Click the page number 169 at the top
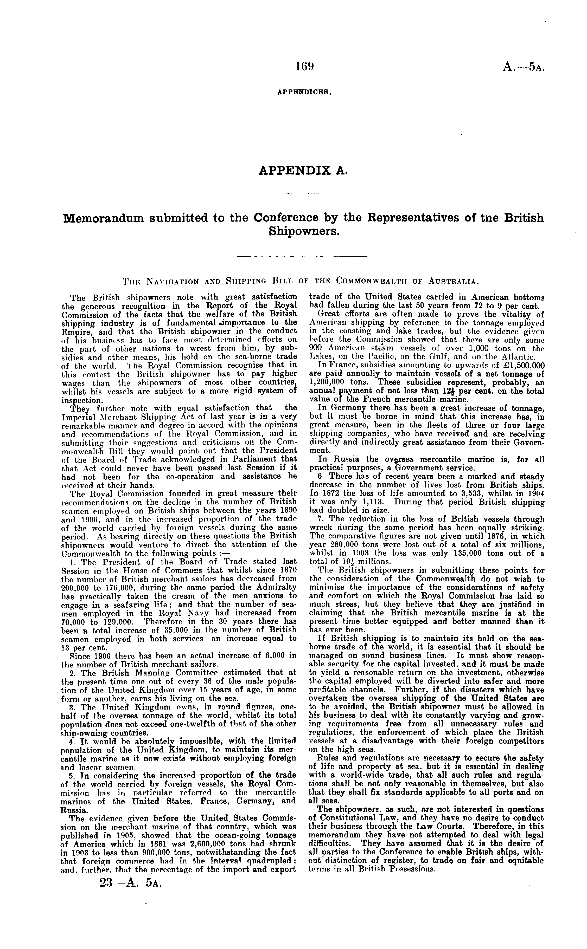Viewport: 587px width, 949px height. coord(304,67)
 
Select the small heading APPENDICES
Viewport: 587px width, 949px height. coord(304,93)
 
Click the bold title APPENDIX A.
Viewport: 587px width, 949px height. coord(302,170)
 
